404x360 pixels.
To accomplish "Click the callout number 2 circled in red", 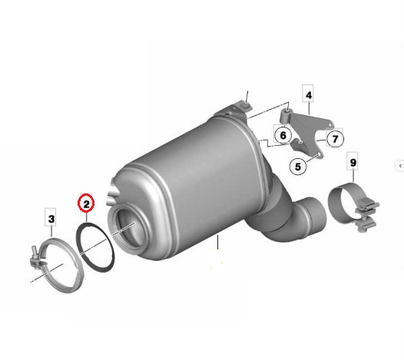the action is click(x=86, y=203).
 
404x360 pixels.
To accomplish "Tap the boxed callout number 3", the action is click(x=51, y=219).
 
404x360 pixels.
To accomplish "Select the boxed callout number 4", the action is click(x=309, y=94).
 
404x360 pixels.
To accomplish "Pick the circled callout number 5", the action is click(x=298, y=167).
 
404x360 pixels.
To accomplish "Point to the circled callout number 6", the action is click(x=283, y=135).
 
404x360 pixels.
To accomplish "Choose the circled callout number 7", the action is click(x=335, y=139).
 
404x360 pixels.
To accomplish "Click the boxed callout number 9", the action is click(x=353, y=163).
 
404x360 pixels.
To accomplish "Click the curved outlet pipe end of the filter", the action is click(x=313, y=216).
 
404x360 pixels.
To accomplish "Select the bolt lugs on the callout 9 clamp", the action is click(x=367, y=215).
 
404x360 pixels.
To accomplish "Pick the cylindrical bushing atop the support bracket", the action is click(x=286, y=116).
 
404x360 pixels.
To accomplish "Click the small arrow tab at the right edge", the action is click(x=400, y=166).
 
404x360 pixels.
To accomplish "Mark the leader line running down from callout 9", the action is click(x=353, y=176).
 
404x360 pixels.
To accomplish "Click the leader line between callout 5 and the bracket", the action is click(x=311, y=158).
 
